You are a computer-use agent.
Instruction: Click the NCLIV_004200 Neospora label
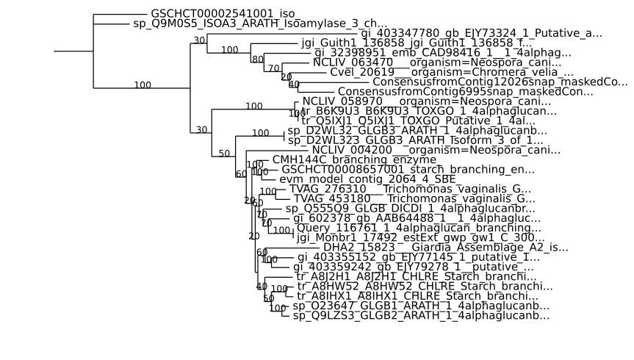coord(426,150)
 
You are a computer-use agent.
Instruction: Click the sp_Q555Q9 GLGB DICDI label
coord(410,208)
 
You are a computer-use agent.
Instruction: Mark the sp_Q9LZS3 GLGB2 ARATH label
coord(421,315)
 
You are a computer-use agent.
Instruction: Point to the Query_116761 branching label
coord(408,228)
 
